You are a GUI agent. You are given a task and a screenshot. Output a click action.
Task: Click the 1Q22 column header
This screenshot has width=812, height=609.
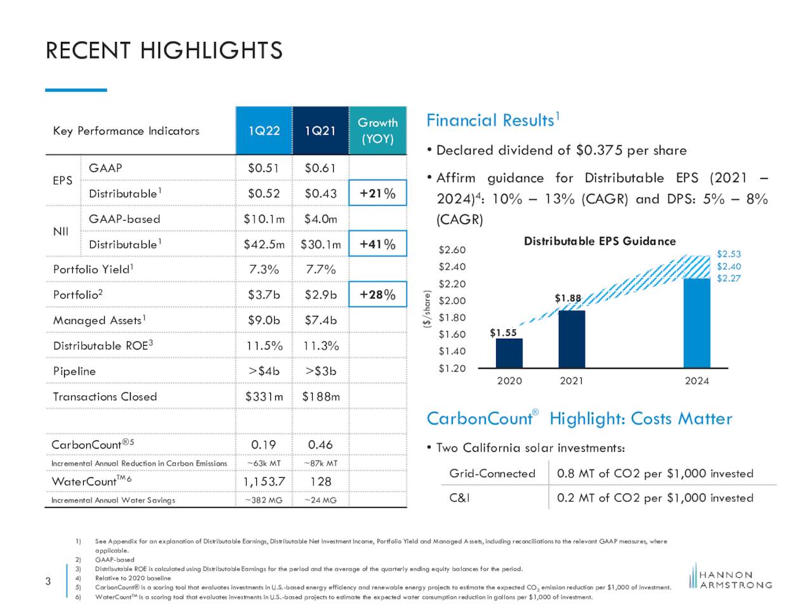pos(264,131)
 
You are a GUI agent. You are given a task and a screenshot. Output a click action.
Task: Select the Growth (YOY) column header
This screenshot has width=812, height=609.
pos(377,131)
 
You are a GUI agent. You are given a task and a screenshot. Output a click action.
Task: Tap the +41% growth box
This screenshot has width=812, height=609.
pos(377,244)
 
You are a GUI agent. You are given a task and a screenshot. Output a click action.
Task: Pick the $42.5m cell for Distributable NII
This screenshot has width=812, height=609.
pos(264,244)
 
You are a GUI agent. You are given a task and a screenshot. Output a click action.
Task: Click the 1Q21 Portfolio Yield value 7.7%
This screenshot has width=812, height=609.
pos(320,269)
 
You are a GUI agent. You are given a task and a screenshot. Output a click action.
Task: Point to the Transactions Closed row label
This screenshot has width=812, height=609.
pos(105,396)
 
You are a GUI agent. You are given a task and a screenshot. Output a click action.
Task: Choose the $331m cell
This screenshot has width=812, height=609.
pos(264,396)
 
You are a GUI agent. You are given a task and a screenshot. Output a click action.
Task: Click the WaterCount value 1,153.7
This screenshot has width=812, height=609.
pos(264,481)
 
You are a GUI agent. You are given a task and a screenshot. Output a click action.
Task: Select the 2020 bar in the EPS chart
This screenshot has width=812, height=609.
pos(509,353)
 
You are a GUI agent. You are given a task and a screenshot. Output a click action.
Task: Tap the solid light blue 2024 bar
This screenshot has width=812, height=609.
pos(697,323)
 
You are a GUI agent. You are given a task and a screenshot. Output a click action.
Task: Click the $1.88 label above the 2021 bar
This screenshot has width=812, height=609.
pos(568,298)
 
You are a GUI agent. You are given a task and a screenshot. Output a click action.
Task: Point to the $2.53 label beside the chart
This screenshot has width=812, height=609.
pos(728,254)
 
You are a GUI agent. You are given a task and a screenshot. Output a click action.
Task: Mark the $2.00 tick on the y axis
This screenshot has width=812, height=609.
pos(452,301)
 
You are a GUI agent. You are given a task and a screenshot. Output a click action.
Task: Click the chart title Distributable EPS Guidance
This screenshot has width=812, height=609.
pos(599,241)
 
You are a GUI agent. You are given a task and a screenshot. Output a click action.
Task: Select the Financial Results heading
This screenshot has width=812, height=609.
pos(493,120)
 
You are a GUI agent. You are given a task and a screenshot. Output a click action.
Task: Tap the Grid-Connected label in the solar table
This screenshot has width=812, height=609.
pos(492,473)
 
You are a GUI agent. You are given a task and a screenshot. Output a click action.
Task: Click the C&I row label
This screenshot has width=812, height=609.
pos(459,498)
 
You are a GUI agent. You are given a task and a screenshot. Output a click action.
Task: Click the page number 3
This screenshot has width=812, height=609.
pos(48,581)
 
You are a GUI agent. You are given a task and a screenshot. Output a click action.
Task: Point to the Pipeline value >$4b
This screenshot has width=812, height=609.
pos(264,371)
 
